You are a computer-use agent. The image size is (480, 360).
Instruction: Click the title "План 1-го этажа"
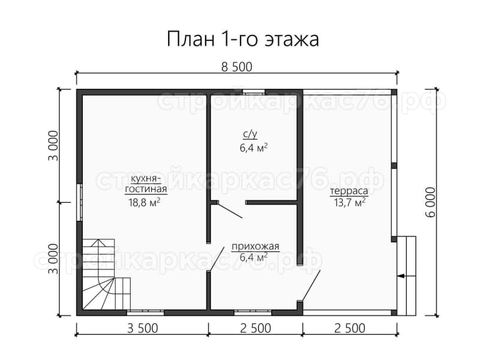(243, 40)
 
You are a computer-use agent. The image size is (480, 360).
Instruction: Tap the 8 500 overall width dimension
(237, 67)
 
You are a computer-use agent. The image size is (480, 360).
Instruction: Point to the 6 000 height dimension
(430, 202)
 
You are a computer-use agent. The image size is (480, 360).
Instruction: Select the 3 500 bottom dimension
(142, 328)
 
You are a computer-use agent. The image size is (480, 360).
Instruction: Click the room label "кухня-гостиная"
(146, 184)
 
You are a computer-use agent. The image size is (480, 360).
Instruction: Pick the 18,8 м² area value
(144, 202)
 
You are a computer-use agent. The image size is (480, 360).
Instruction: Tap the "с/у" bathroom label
(250, 134)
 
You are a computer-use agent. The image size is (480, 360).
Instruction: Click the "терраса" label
(349, 191)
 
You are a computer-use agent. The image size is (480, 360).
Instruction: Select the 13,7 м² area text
(350, 202)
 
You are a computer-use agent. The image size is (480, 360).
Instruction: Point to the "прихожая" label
(256, 247)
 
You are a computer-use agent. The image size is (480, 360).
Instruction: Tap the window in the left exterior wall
(79, 202)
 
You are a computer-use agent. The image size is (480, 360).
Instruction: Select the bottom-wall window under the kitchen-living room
(145, 313)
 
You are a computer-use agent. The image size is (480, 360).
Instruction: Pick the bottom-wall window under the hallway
(253, 313)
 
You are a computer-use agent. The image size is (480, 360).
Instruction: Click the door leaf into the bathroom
(230, 211)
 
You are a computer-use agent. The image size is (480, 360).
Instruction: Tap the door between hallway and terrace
(311, 286)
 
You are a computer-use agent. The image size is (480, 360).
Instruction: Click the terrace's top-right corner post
(394, 92)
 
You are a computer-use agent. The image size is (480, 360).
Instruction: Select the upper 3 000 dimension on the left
(53, 146)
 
